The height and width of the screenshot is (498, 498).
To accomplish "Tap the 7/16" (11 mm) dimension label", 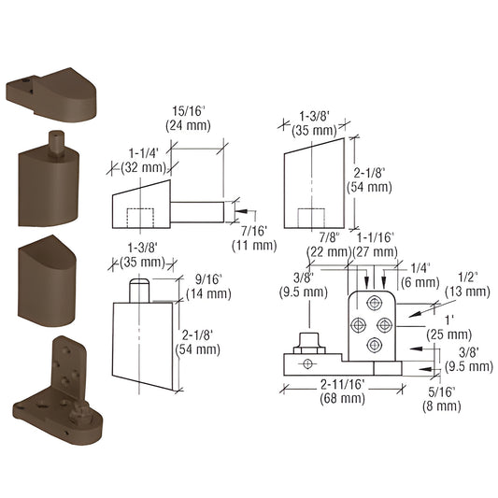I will (x=253, y=237).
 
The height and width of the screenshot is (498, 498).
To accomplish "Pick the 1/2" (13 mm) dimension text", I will (x=469, y=284).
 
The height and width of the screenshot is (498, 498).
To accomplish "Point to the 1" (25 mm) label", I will (x=457, y=325).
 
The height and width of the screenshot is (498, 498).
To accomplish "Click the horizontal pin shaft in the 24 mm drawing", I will (x=201, y=210).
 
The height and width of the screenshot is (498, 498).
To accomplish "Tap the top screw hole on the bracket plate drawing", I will (x=376, y=302).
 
